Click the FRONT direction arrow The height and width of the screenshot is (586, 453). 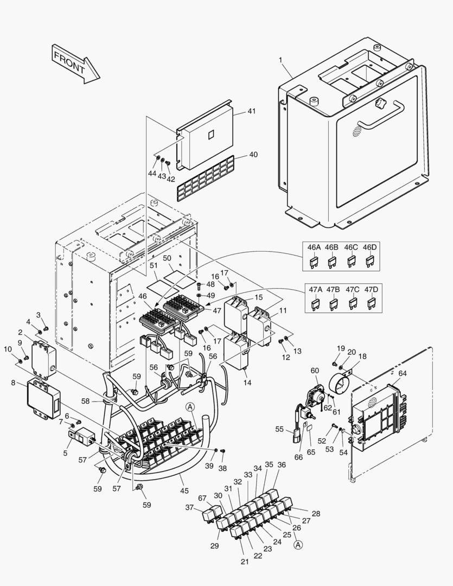75,63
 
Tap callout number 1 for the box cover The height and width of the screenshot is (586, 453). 280,59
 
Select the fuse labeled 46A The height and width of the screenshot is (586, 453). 314,263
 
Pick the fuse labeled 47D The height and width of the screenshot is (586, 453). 371,304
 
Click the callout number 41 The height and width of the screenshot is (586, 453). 251,111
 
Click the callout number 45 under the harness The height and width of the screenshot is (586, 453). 184,491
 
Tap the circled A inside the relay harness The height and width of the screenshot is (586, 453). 190,407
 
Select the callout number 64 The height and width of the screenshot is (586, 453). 402,373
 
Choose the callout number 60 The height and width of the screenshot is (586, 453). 315,370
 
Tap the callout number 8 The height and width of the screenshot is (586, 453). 12,383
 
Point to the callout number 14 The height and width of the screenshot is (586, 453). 247,383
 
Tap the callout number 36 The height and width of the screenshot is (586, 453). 281,465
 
